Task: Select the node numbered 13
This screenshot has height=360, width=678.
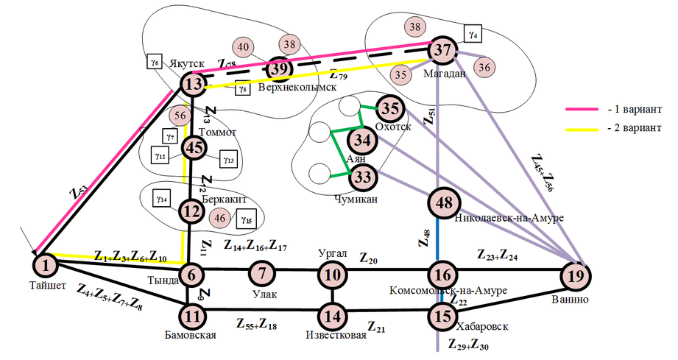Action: pos(193,85)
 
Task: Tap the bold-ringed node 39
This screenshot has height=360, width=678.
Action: pos(279,68)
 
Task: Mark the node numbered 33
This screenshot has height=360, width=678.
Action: pos(361,177)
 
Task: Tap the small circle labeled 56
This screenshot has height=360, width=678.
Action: pos(178,116)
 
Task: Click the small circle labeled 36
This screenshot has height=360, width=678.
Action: pos(484,67)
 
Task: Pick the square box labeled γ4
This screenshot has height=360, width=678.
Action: pos(472,33)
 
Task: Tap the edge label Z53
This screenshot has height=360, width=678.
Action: pos(79,194)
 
